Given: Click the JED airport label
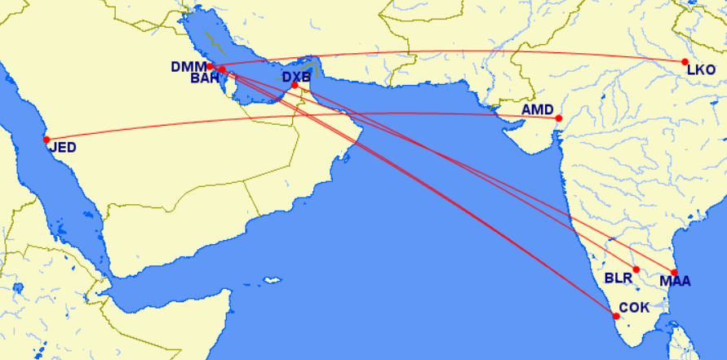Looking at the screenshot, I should point(63,149).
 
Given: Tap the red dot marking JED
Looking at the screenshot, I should point(47,139).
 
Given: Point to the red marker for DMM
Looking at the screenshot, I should point(210,66).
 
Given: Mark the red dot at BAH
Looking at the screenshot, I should point(222,70).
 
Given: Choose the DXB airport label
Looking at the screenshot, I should point(297,78).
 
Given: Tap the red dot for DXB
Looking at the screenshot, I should point(295,85).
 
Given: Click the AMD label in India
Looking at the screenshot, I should point(538,109).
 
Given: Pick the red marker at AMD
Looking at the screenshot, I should point(558,119).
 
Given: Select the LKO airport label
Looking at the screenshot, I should point(701,70).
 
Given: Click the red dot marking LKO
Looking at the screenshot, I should point(685,62).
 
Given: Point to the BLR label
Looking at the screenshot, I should point(618,278).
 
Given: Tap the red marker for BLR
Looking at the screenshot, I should point(636,269).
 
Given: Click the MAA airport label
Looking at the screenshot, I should point(675,282).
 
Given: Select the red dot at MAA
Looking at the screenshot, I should point(674,272).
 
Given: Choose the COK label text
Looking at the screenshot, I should point(635,309).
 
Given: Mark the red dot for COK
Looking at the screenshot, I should point(616,315).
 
